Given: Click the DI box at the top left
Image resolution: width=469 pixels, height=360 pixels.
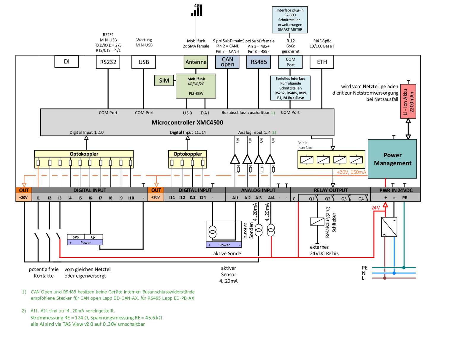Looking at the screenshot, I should (66, 62).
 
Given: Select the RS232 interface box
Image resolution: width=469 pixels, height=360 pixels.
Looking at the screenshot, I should (108, 62).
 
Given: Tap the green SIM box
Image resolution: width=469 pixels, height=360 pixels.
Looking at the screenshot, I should (164, 80).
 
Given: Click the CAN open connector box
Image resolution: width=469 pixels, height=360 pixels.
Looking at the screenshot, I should (227, 62).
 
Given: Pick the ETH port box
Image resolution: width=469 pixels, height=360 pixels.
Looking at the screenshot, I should (322, 62).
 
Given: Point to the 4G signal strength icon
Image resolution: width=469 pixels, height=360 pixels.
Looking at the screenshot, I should (197, 10).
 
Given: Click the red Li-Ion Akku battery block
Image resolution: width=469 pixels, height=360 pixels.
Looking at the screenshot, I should (408, 101).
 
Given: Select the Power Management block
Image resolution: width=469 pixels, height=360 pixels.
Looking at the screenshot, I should (392, 159).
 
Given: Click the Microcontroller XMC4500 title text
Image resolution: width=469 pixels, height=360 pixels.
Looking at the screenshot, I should (187, 122).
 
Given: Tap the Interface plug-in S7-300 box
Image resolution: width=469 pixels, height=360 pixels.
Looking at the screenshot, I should (290, 20).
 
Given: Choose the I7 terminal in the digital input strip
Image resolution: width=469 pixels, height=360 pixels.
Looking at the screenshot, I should (101, 198).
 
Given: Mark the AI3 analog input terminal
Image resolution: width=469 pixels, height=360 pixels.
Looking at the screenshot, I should (259, 198).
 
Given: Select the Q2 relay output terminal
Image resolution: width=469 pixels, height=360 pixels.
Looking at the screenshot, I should (328, 199).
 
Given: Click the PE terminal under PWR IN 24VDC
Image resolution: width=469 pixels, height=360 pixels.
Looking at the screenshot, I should (405, 198).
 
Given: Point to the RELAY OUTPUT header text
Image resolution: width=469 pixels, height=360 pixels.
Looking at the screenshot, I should (331, 190).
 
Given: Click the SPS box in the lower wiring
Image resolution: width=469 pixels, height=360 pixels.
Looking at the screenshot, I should (76, 237).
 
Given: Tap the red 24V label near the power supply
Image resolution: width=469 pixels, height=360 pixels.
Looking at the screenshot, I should (375, 208).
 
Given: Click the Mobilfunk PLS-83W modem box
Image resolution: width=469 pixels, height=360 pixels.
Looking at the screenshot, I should (196, 86).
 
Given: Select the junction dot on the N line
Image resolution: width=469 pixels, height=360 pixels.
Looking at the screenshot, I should (394, 273).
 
